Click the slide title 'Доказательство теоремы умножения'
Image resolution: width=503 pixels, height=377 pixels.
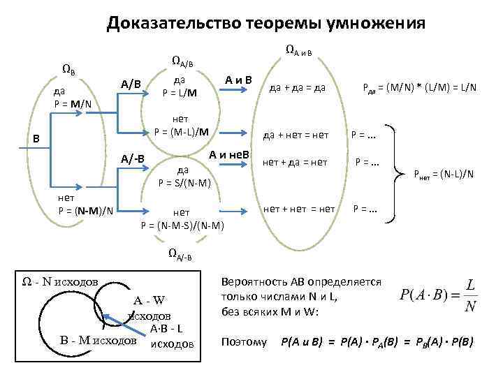point(265,24)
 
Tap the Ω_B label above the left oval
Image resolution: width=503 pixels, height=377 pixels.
point(68,69)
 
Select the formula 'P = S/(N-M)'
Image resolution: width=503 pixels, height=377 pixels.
point(182,183)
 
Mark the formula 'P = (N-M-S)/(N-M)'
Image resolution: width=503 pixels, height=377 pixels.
point(182,224)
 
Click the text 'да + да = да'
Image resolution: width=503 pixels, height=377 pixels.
point(297,88)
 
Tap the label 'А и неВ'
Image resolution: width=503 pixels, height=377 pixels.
point(229,154)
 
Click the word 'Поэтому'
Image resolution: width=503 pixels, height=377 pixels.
point(243,342)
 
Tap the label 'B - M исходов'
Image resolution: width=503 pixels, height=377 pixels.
point(98,341)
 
